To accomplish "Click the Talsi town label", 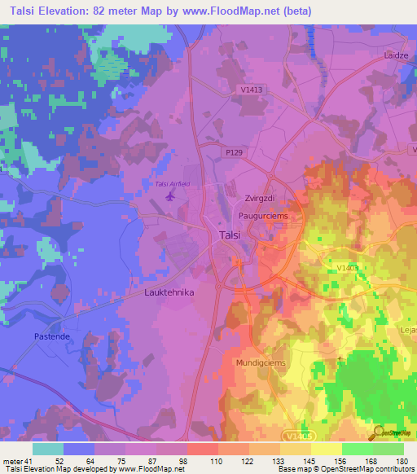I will [229, 235].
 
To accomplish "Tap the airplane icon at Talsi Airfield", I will [170, 196].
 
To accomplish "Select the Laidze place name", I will [395, 55].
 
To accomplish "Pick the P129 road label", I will [235, 151].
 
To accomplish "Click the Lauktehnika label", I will [169, 292].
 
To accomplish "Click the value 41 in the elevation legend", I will [33, 460].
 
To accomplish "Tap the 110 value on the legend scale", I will [195, 460].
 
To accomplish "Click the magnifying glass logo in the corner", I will [377, 432].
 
